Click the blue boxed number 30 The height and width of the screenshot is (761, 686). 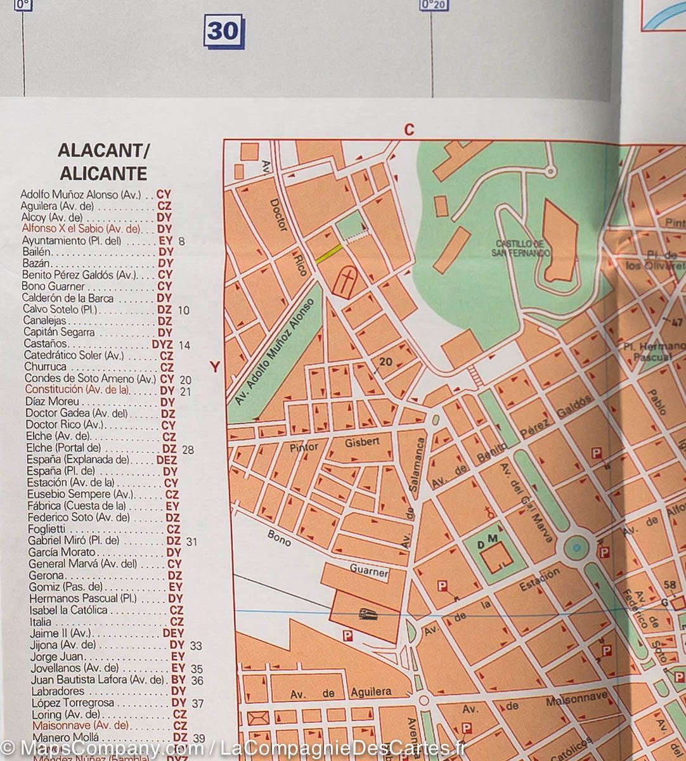(223, 30)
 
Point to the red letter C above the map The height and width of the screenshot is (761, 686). (409, 130)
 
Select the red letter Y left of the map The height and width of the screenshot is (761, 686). (215, 367)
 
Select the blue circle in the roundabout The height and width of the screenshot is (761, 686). (576, 547)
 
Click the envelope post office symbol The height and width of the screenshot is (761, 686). (259, 719)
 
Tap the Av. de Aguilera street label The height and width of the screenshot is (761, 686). (340, 693)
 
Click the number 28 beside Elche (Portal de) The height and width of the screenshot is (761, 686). (188, 450)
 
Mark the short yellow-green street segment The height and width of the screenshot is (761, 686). (329, 252)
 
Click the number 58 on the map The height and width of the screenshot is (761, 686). (670, 585)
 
